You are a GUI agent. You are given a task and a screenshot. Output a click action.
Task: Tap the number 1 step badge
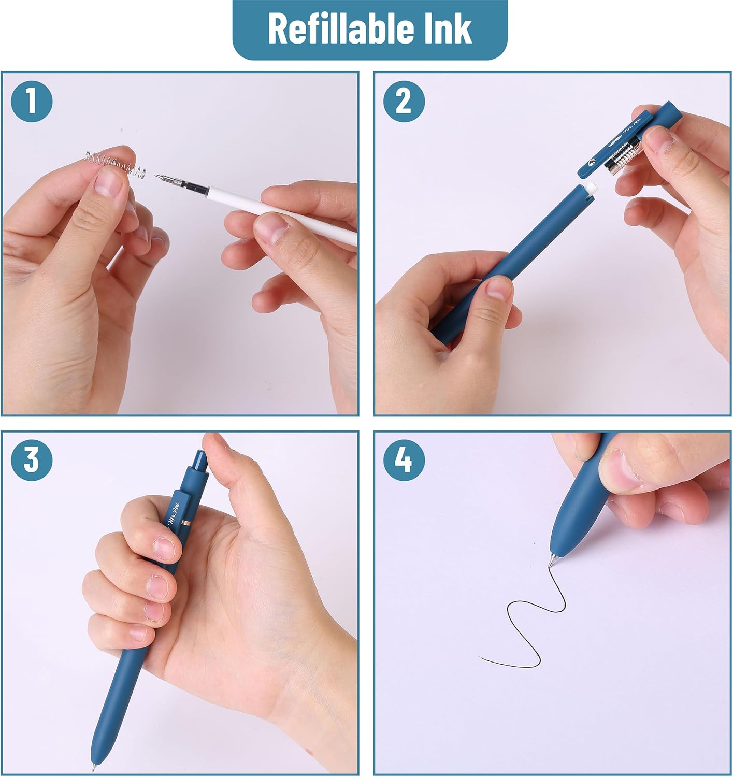click(x=32, y=102)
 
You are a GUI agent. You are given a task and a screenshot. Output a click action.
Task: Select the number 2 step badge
click(x=404, y=102)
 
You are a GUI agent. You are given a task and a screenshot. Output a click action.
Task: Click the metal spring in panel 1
click(x=116, y=164)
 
